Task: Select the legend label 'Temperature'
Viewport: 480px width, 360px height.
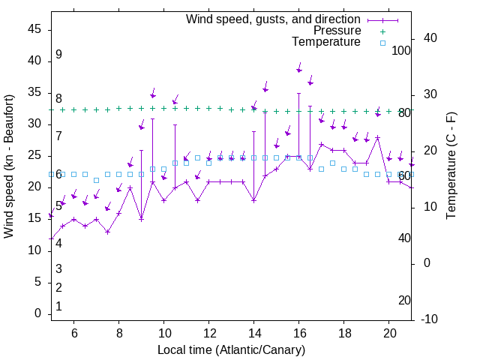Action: click(326, 42)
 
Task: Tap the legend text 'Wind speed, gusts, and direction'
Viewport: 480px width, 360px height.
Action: click(274, 19)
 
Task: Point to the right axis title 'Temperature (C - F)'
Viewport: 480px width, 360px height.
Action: click(451, 166)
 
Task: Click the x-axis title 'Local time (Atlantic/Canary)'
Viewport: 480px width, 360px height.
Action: click(231, 349)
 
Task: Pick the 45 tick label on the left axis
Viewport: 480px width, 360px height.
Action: click(35, 29)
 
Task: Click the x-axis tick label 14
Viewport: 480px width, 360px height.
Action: click(254, 333)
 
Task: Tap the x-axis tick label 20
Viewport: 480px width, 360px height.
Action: click(389, 333)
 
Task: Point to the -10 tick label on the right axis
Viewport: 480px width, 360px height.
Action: click(429, 319)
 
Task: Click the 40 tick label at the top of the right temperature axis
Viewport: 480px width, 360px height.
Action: click(430, 38)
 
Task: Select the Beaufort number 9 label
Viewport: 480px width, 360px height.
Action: click(58, 55)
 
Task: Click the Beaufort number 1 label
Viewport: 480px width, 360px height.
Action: click(58, 307)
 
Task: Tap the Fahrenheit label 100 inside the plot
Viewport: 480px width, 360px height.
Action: click(401, 51)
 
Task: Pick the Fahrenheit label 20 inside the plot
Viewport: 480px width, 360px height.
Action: click(404, 300)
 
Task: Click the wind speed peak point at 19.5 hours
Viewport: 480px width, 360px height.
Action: click(378, 137)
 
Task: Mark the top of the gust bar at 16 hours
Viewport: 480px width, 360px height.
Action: click(299, 93)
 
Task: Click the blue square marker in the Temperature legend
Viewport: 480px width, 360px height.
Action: click(382, 43)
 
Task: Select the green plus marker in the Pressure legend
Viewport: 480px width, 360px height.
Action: click(382, 31)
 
